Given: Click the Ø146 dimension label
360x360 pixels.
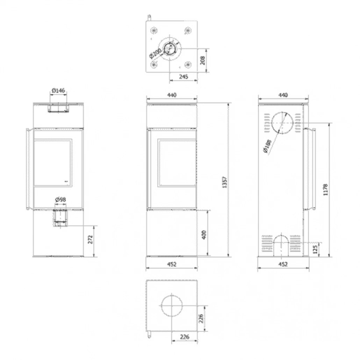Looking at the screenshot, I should (58, 91).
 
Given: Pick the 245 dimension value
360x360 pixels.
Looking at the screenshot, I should (183, 76).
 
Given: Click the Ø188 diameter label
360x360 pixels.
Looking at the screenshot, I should (268, 146).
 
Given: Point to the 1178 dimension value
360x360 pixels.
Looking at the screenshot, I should (326, 190).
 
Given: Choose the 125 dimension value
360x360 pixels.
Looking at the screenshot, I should (315, 250).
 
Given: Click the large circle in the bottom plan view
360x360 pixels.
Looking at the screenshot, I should (172, 304).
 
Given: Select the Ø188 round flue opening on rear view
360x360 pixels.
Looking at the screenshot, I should (283, 123).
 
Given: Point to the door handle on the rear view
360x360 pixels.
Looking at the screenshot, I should (311, 169).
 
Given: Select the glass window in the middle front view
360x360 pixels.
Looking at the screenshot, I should (177, 163).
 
